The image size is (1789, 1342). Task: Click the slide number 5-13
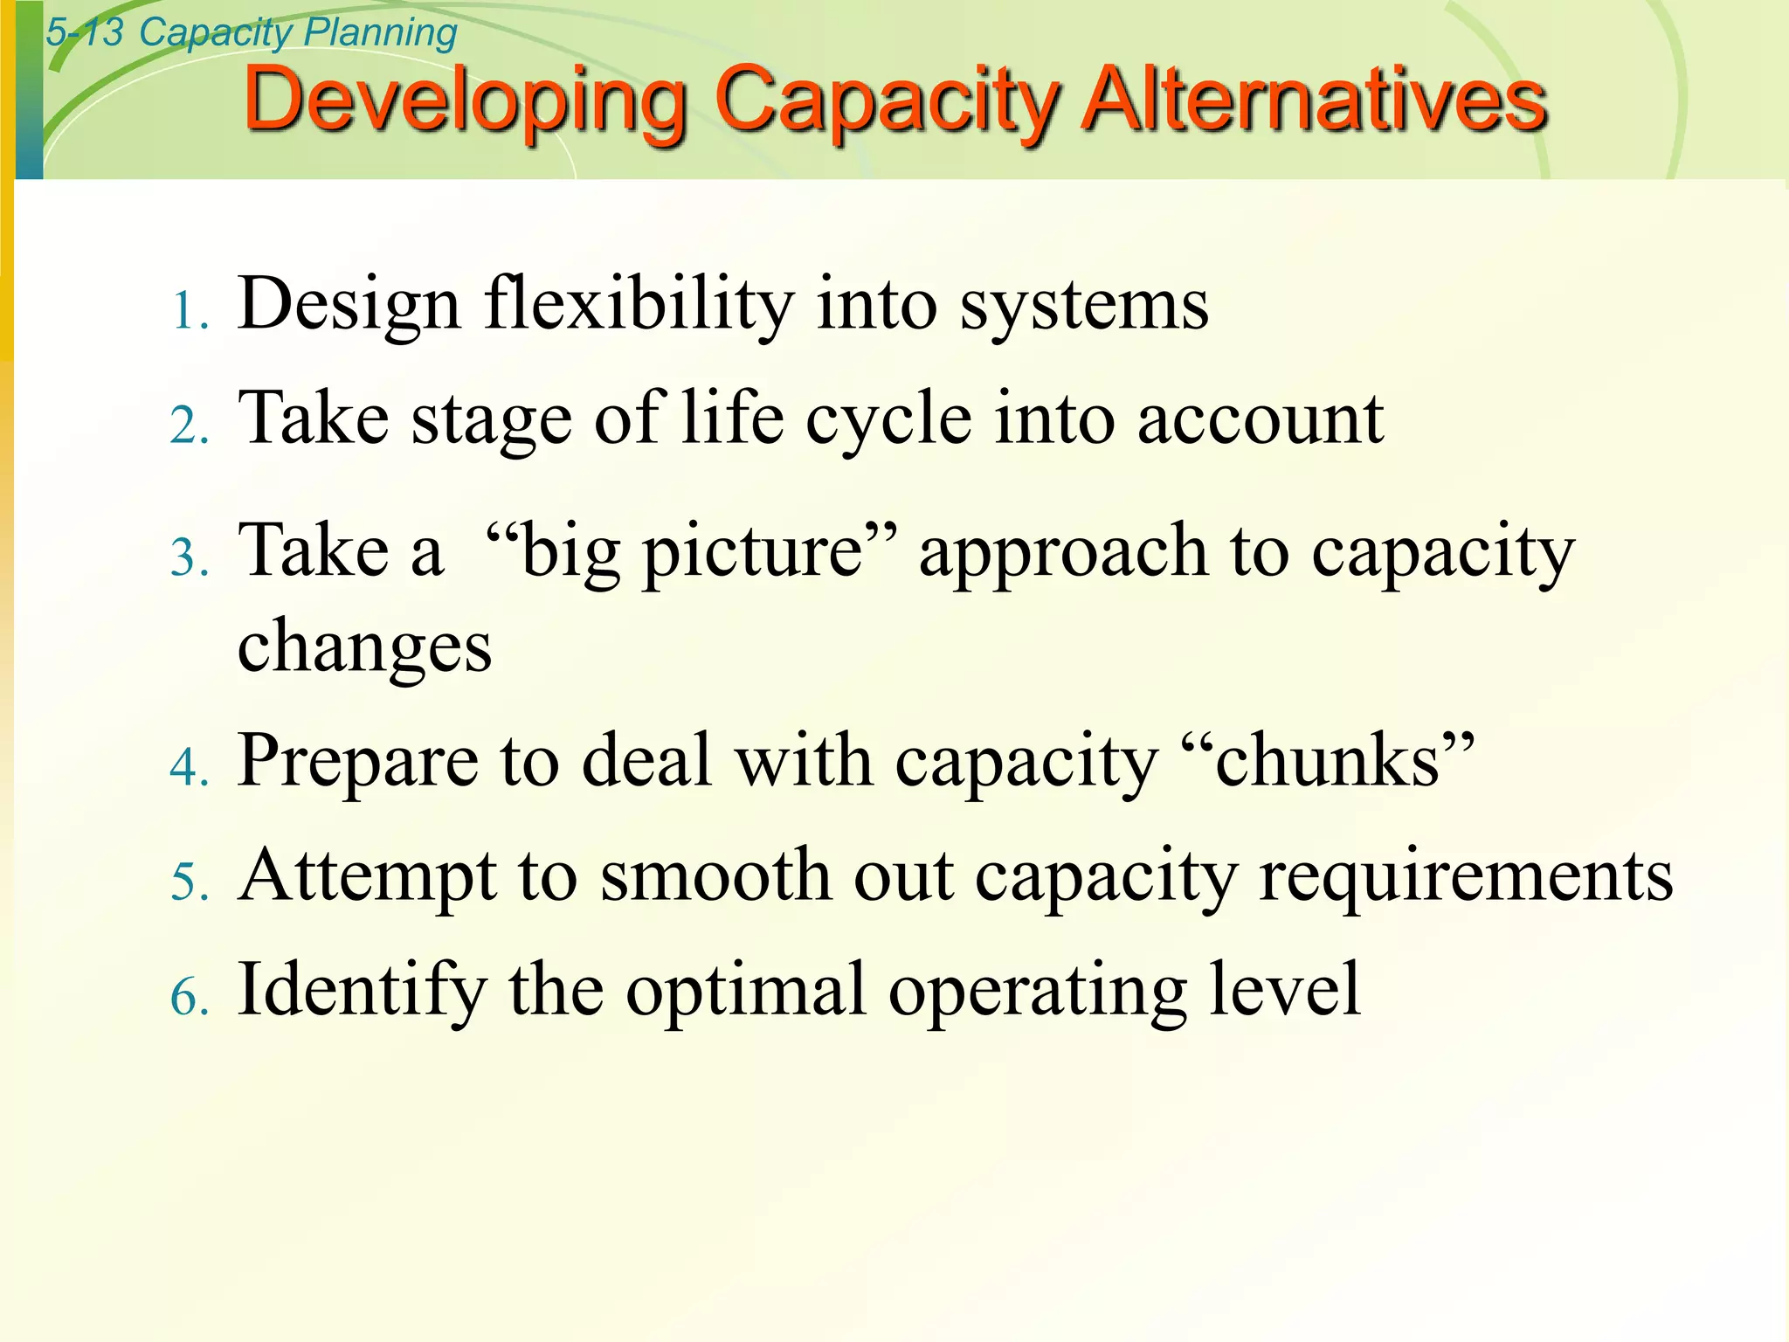click(85, 33)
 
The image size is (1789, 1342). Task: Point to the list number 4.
click(189, 768)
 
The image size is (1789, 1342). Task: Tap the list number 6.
click(189, 997)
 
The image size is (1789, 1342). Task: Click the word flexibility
click(639, 306)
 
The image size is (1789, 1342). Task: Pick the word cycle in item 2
click(888, 420)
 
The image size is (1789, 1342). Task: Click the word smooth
click(715, 875)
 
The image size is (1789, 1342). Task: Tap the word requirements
click(1466, 877)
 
